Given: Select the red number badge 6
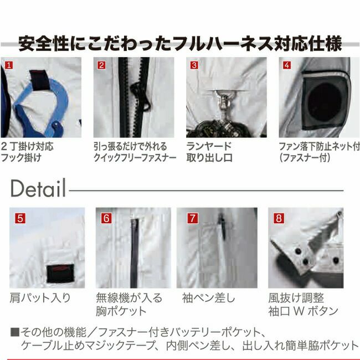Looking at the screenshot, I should [x=106, y=218].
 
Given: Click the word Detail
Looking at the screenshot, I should [x=38, y=188].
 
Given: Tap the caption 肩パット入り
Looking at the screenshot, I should [x=40, y=298].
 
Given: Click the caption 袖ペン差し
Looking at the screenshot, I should [x=208, y=298].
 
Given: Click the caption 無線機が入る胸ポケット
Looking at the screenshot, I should [x=128, y=304].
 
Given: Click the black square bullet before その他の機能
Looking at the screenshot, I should [x=14, y=332].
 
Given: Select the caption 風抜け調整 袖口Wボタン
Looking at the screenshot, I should [x=301, y=304].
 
